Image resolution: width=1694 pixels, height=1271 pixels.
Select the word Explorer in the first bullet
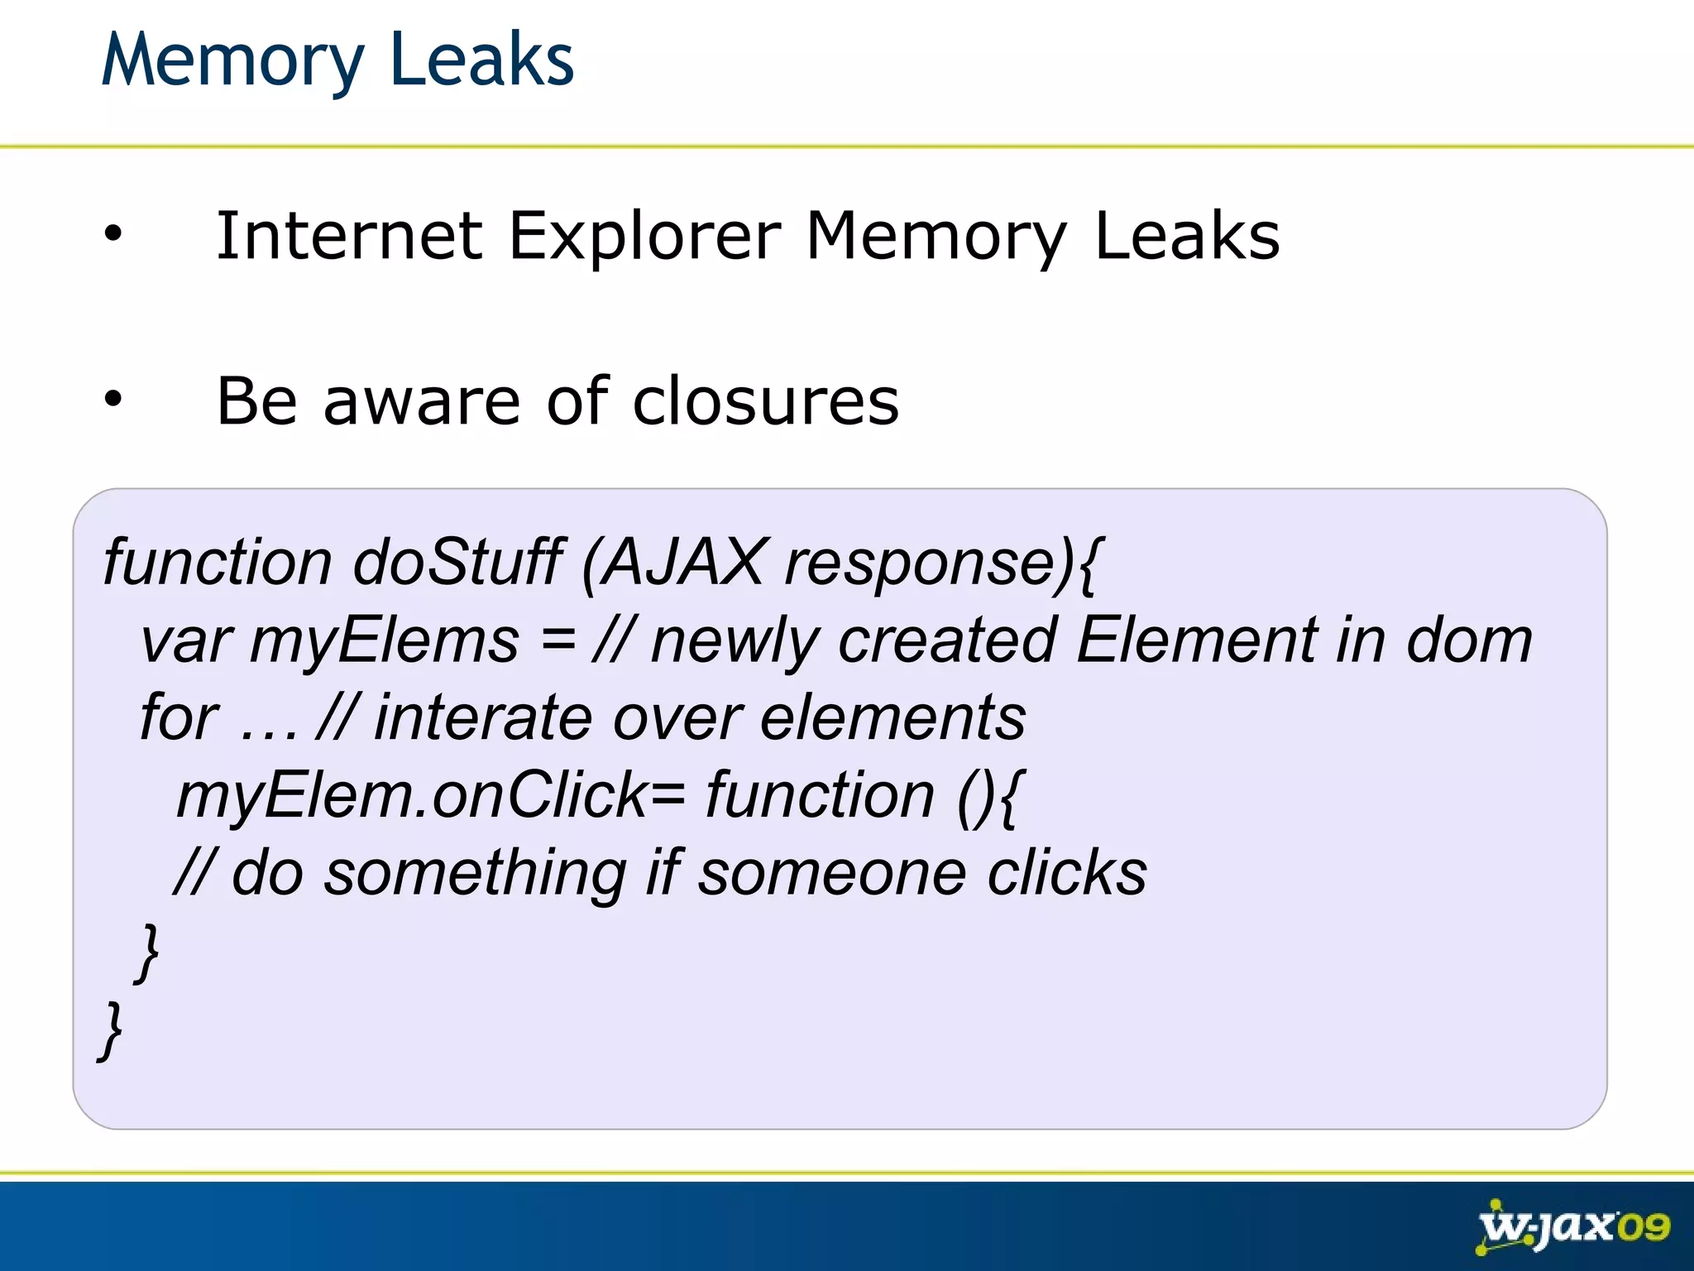coord(644,237)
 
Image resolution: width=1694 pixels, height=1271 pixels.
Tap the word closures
coord(765,401)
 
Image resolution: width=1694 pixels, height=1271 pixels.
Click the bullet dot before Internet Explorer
coord(112,235)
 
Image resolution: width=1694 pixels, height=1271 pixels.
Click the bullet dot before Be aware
coord(112,400)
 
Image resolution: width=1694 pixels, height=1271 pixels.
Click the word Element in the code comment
coord(1197,640)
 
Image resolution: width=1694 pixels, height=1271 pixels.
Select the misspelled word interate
coord(483,717)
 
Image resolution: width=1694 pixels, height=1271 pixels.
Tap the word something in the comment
coord(475,874)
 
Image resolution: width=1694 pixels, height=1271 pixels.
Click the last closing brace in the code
coord(111,1029)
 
